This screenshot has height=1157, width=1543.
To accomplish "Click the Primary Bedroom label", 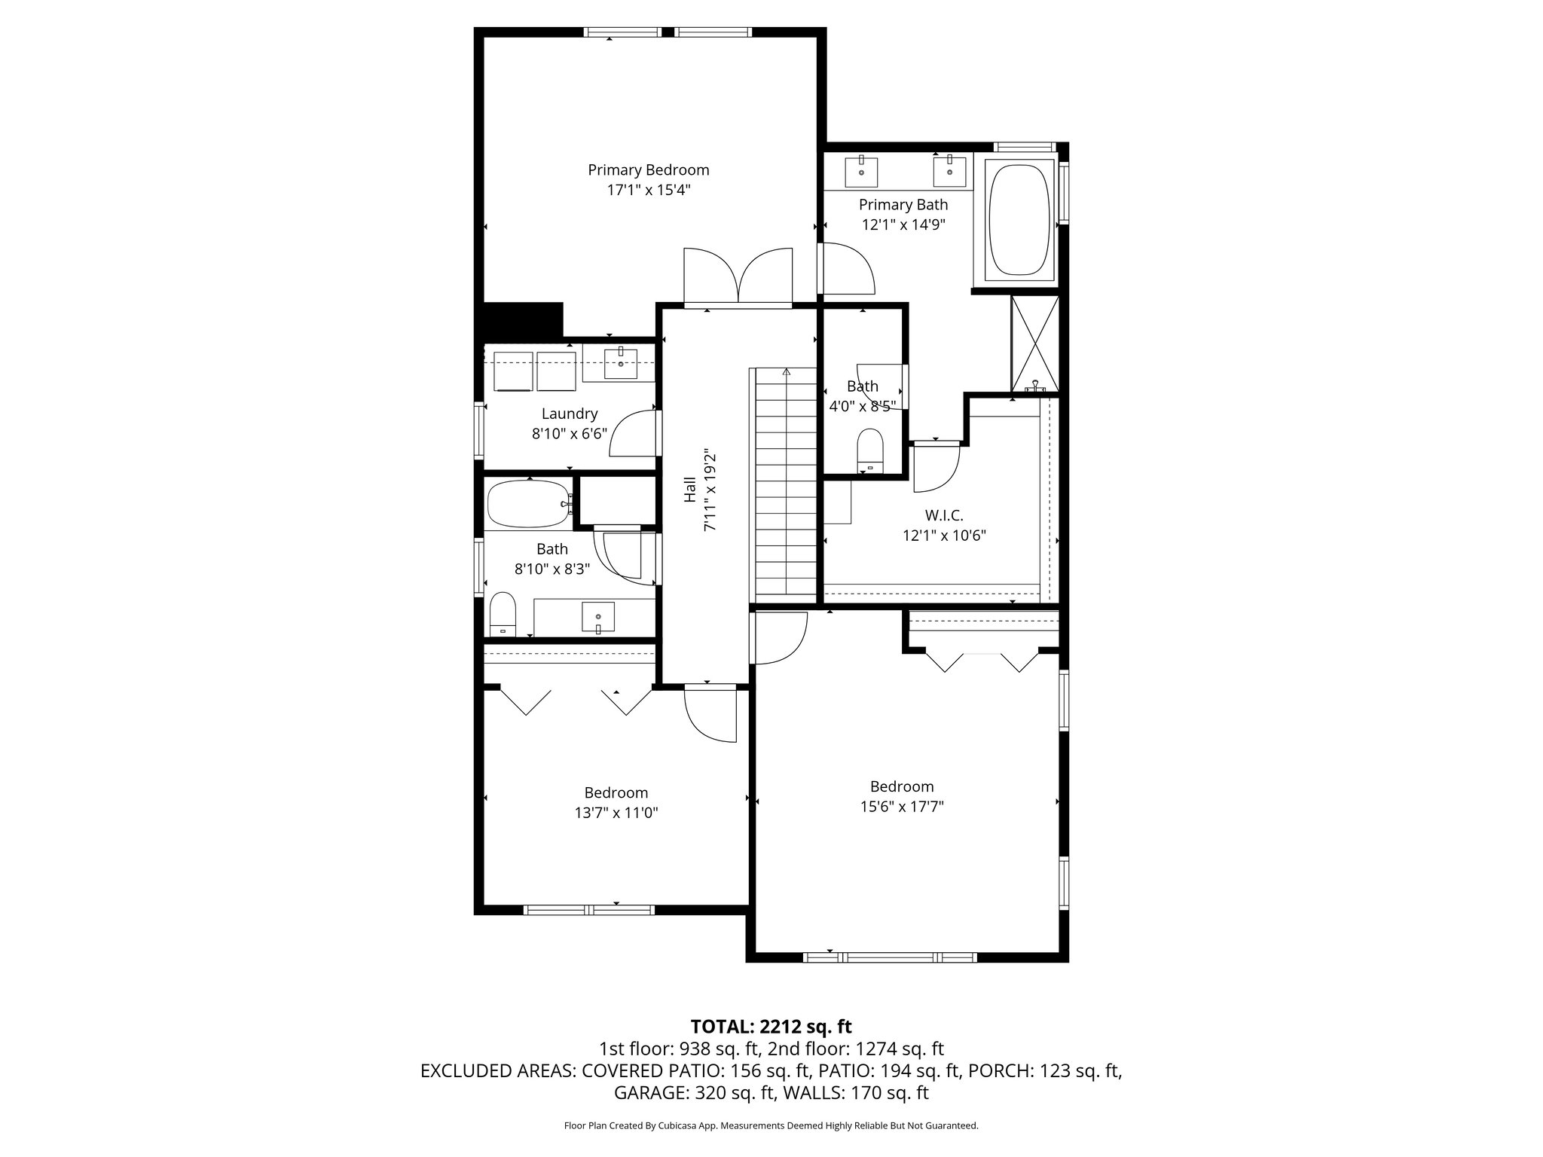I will click(648, 170).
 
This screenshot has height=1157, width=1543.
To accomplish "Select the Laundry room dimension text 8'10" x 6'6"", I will click(569, 434).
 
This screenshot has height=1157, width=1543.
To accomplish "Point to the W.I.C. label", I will click(944, 516).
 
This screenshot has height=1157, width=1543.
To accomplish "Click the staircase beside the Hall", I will click(785, 482).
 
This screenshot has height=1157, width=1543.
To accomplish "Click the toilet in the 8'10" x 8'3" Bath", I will click(502, 614).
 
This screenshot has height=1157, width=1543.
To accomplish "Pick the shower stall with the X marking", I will click(1034, 344).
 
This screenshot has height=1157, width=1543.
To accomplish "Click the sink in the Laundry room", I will click(621, 364).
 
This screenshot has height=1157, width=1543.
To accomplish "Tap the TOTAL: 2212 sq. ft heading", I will click(771, 1026).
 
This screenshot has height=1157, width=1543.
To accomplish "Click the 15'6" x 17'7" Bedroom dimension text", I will click(902, 807).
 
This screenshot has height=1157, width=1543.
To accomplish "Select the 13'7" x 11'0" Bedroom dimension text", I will click(616, 813).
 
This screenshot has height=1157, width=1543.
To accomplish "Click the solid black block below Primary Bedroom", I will click(523, 320).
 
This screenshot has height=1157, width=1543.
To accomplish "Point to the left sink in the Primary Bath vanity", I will click(861, 171).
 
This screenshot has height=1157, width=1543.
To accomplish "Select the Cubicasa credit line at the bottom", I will click(771, 1126).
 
